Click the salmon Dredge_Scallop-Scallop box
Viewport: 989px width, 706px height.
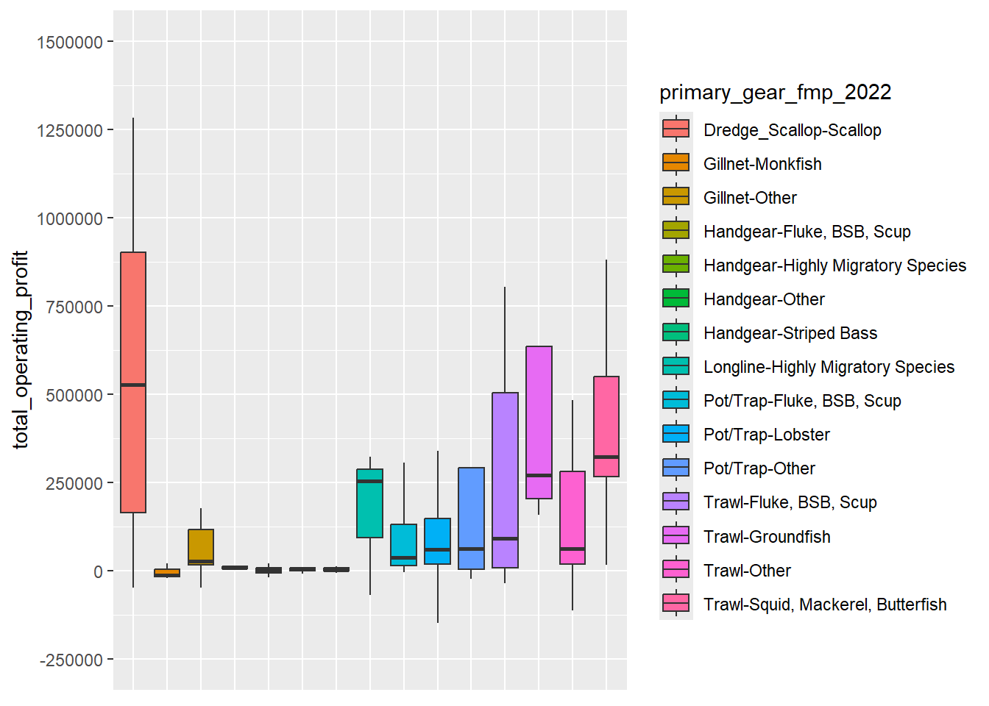pos(133,316)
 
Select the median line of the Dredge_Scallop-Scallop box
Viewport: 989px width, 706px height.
pos(133,385)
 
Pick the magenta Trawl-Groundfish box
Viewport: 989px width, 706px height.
pos(539,412)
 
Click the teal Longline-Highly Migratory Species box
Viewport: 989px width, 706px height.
pos(369,507)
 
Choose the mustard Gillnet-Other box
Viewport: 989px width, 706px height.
pos(201,544)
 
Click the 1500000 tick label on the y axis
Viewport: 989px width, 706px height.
pos(70,43)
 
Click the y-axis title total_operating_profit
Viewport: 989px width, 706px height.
pos(21,350)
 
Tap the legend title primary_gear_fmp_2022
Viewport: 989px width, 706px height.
pos(775,92)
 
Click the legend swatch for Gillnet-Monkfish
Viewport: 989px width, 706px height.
pos(676,163)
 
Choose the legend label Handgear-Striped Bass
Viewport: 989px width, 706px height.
pos(790,333)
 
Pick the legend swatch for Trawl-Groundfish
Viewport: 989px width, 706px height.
pos(676,536)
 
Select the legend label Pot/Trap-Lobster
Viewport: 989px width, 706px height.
pos(766,435)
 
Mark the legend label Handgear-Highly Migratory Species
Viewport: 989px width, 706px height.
pos(834,265)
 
